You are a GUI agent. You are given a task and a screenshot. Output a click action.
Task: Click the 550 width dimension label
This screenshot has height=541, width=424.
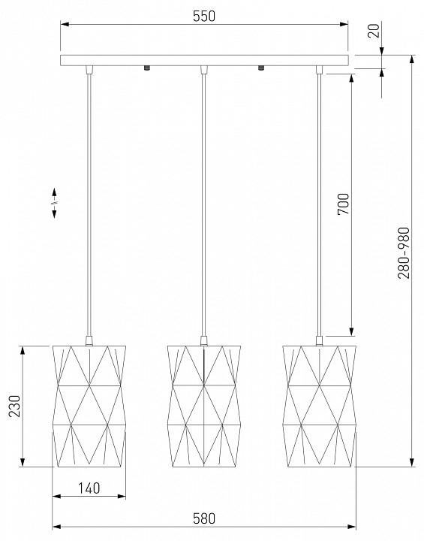click(203, 16)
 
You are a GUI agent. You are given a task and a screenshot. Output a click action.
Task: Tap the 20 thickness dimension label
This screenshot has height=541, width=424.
click(374, 30)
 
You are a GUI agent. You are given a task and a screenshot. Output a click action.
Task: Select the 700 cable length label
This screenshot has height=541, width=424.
click(344, 204)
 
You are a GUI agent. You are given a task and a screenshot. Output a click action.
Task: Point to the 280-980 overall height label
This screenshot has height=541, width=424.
click(404, 253)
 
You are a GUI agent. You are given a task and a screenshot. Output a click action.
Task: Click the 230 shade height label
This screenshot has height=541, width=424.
click(15, 406)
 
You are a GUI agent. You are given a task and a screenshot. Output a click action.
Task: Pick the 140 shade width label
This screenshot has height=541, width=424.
click(89, 488)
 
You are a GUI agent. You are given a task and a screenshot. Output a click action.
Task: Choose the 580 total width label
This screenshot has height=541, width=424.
click(203, 518)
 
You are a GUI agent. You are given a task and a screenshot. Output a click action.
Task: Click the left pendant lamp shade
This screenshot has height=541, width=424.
click(89, 406)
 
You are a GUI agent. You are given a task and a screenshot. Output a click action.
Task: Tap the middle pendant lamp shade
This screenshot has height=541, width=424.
click(203, 406)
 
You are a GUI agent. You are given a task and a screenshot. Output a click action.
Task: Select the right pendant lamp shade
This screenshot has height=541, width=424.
click(319, 406)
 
